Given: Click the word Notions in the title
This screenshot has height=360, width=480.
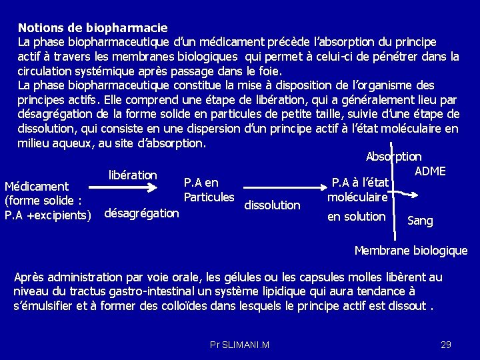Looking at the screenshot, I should coord(39,28).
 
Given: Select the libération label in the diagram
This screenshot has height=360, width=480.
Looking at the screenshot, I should coord(133,175).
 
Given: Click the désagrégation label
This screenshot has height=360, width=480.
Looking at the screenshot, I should coord(142,213).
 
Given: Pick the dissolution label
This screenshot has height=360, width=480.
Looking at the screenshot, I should coord(272,205).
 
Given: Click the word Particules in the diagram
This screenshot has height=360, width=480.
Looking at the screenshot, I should coord(209,197).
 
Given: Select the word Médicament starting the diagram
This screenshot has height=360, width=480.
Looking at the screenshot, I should coord(37,186).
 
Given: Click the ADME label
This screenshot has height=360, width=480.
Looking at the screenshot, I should coord(430,171).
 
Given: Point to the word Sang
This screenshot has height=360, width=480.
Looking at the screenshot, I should coord(419,220).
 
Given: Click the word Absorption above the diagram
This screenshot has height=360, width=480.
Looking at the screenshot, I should coord(393,157).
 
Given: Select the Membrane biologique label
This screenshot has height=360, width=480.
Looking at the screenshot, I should coord(411,251).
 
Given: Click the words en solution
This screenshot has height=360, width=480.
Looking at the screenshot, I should coord(357,216).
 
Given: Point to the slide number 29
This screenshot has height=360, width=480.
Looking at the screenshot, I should coord(446,344).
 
